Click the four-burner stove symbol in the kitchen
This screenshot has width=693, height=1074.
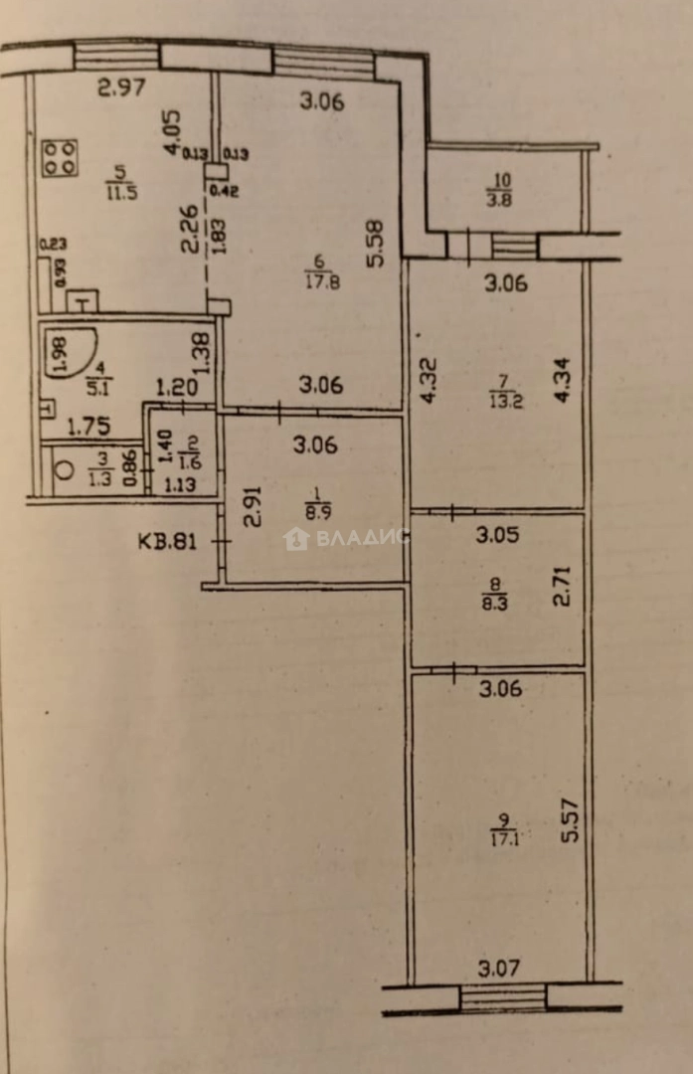60,158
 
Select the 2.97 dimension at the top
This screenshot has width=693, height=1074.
121,88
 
